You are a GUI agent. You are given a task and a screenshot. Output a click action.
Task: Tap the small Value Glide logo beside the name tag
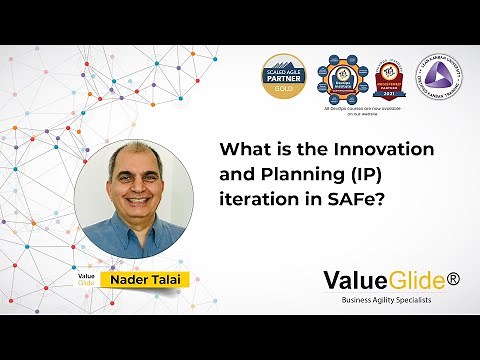[87, 277]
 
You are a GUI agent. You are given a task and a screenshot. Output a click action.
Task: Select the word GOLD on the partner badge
[284, 89]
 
